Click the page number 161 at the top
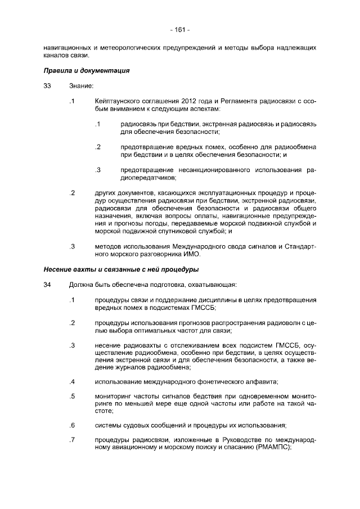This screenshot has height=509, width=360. click(179, 29)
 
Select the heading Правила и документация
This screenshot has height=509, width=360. click(87, 71)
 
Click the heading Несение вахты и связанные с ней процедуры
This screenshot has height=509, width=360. click(121, 269)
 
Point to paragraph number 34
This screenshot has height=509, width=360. click(47, 284)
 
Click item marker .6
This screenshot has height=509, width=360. click(71, 425)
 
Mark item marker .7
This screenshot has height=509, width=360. click(71, 439)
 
